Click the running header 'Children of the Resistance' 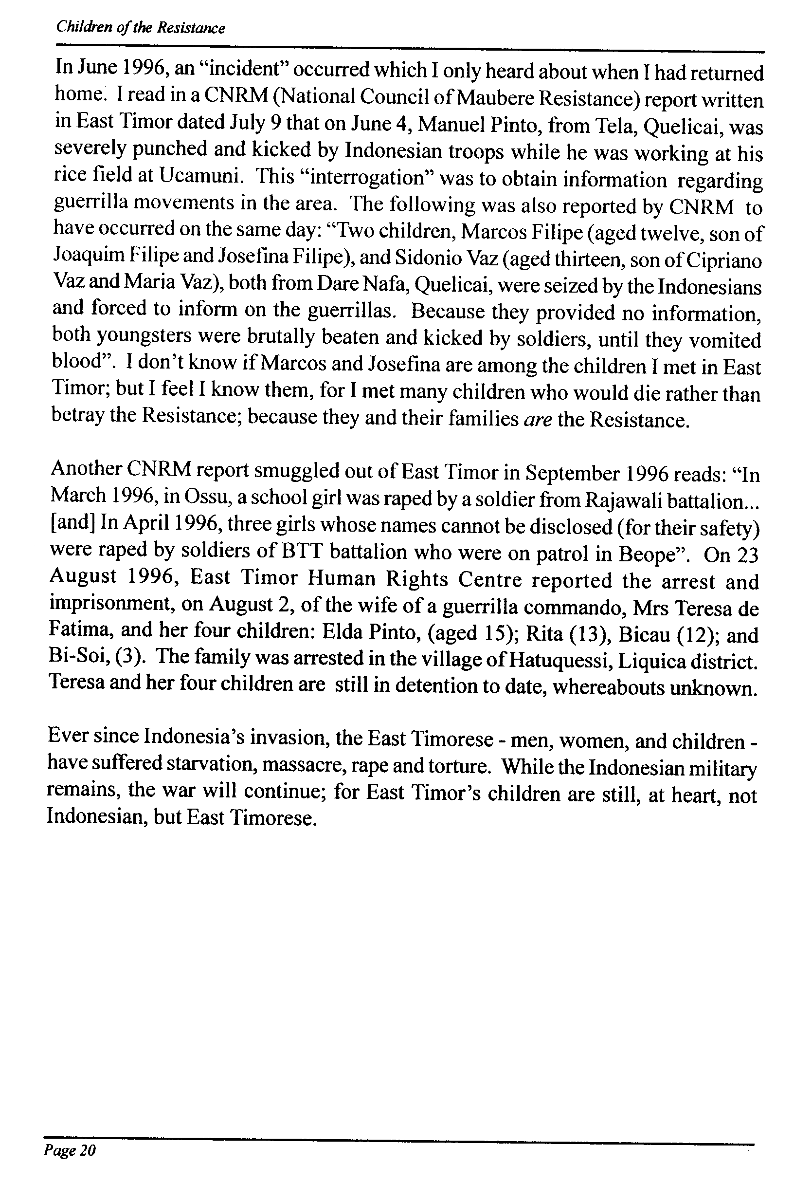pyautogui.click(x=140, y=27)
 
